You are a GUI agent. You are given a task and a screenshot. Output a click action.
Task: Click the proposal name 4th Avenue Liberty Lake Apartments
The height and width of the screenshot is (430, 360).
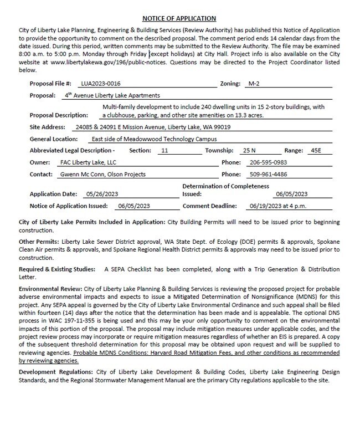click(x=112, y=95)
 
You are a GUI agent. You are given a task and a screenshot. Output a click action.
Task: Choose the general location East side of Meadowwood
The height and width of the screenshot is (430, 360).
click(x=146, y=139)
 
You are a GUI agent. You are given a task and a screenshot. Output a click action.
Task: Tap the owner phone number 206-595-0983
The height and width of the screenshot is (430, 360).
click(x=268, y=162)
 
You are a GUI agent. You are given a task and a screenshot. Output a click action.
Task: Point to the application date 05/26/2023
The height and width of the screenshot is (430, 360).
click(x=102, y=194)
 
